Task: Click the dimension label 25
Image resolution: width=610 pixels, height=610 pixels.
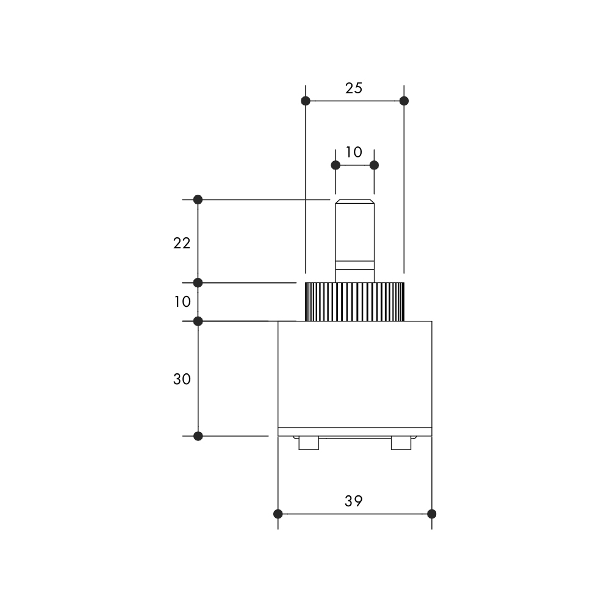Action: point(354,88)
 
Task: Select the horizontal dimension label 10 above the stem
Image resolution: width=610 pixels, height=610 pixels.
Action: point(354,152)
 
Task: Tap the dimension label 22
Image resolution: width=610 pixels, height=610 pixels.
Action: point(182,243)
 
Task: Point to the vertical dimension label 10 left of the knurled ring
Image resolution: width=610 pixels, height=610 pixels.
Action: point(182,301)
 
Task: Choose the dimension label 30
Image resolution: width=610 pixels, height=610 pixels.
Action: point(182,379)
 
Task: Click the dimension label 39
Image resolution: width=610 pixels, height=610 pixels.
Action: point(354,501)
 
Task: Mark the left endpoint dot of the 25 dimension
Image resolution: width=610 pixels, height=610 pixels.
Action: point(306,101)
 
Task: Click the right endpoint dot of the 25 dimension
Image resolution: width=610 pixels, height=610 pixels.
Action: point(404,101)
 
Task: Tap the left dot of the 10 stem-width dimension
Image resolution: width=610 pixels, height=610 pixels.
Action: point(335,165)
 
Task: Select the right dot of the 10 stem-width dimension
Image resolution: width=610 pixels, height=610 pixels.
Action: point(375,165)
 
